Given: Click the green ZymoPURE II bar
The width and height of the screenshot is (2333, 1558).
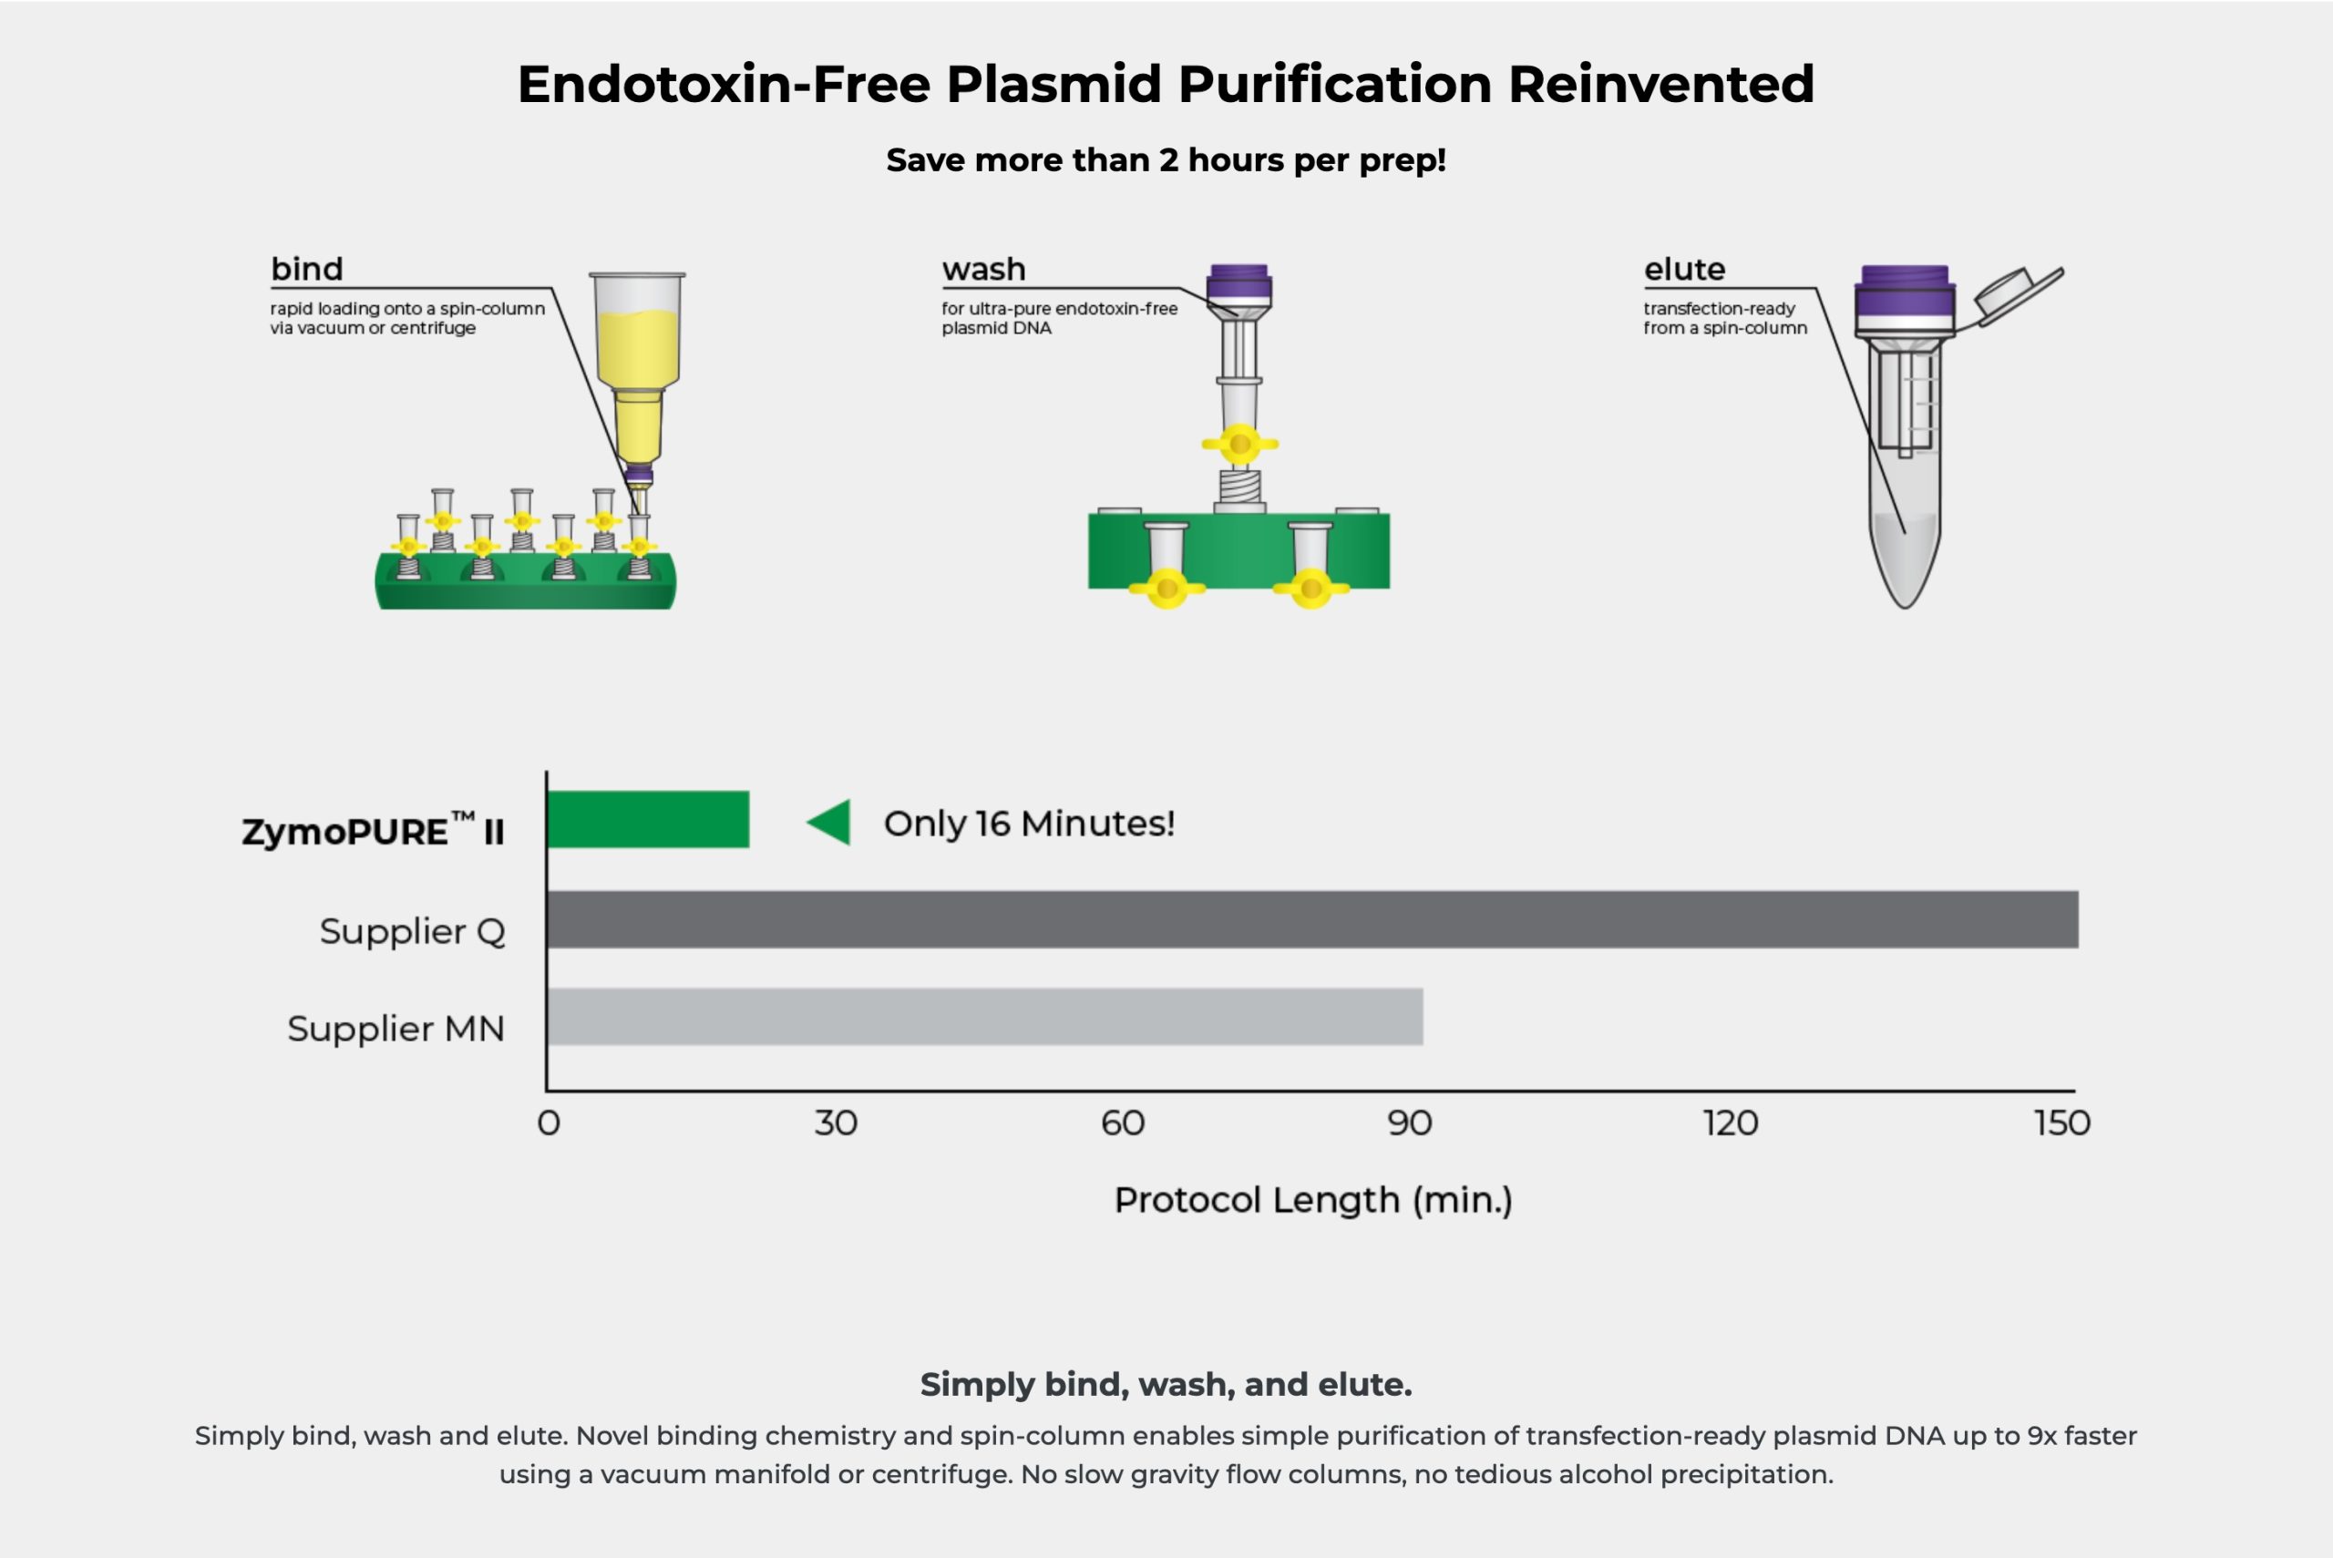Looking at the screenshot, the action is pos(648,820).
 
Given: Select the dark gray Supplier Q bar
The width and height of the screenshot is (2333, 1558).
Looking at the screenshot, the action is pos(1312,919).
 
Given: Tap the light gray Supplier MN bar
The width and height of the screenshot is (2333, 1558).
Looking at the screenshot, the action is pos(984,1017).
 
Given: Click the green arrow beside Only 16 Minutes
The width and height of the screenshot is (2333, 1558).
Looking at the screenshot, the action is pos(827,822).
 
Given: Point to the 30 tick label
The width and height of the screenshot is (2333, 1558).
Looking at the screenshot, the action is pos(836,1122).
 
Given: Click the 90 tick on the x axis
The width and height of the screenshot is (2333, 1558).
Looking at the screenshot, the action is pos(1410,1122).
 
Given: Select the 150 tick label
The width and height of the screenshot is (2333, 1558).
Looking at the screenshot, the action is pos(2062,1122).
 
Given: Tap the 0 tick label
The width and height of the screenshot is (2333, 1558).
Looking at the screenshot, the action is pos(549,1122).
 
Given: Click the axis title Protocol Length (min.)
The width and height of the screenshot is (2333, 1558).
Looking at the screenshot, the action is pos(1312,1200).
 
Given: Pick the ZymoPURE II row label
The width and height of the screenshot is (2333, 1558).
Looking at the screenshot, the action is pos(374,830).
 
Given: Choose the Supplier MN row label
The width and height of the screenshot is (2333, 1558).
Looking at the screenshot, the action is pos(396,1029).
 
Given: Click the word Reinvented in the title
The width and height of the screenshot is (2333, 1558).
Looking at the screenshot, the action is pos(1661,84).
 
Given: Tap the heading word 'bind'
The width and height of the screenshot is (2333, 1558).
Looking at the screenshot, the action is pos(307,268).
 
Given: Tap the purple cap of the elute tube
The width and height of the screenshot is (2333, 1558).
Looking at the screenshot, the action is pos(1905,298).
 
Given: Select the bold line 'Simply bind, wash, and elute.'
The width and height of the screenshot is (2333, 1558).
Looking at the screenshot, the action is pos(1166,1384).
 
